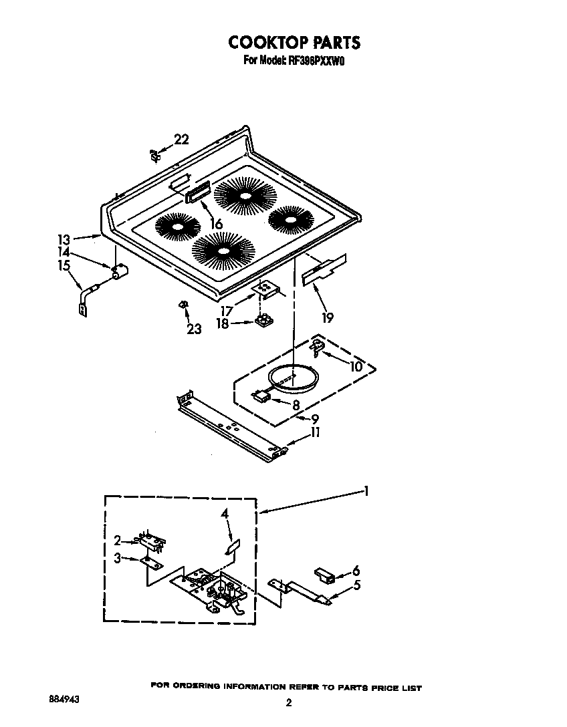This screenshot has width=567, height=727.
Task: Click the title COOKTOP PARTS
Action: coord(294,42)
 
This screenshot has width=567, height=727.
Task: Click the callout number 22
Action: coord(181,140)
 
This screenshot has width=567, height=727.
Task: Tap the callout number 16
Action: coord(216,225)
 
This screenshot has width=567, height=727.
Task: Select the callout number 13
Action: coord(64,239)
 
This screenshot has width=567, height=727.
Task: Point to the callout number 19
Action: coord(328,317)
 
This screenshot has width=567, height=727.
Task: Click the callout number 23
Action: coord(194,329)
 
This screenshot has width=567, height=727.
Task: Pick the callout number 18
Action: coord(221,323)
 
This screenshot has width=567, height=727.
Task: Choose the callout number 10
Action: coord(356,366)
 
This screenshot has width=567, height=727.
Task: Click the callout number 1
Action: coord(366,492)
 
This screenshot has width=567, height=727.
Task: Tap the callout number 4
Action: coord(225,514)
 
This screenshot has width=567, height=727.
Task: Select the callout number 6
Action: coord(356,571)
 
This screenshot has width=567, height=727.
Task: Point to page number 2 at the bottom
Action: coord(289,702)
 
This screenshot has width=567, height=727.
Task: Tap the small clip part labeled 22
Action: coord(154,155)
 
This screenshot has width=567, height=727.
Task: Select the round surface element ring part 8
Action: coord(292,378)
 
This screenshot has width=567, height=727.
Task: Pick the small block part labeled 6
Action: coord(325,575)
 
